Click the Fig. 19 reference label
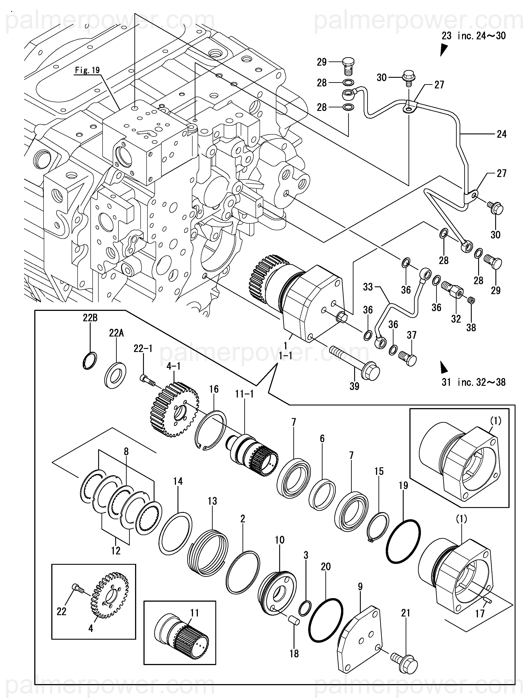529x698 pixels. tap(87, 70)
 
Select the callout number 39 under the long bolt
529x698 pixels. tap(354, 386)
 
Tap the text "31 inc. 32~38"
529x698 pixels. tap(474, 382)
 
